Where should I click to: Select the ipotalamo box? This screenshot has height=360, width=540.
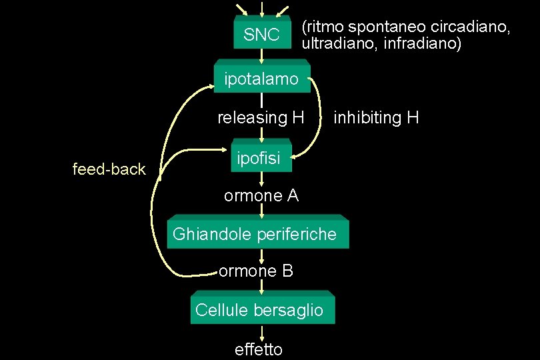point(262,79)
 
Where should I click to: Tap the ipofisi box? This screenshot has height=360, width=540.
point(261,158)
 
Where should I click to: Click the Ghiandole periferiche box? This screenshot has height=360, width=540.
point(257,234)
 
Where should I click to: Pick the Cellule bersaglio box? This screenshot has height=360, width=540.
point(262,310)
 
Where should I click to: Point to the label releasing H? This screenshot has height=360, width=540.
point(261,119)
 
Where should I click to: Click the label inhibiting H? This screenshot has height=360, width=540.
point(376,119)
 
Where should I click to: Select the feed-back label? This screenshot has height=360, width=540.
point(109,170)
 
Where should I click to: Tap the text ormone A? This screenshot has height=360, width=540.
point(261,196)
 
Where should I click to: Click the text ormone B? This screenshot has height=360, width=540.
point(256,271)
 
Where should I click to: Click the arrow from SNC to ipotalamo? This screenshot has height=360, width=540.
point(262,57)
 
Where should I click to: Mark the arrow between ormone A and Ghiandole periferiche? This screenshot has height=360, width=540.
point(262,209)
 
